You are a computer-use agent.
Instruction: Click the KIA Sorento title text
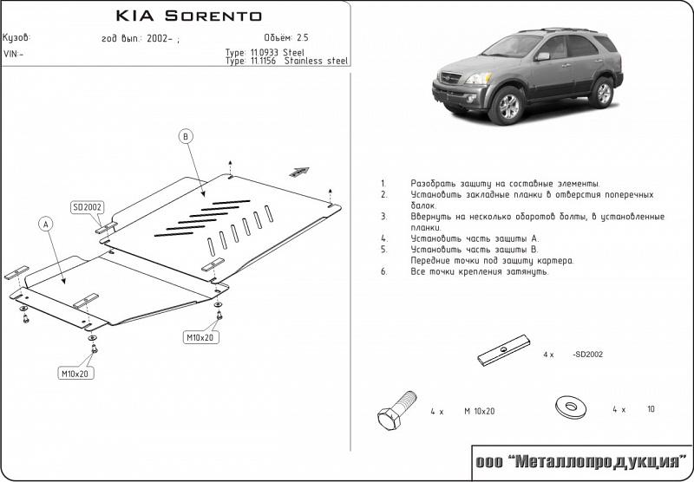click(187, 16)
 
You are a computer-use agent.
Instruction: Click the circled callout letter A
click(46, 224)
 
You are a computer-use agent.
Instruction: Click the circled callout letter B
click(186, 136)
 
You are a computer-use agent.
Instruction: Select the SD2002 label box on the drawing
click(88, 207)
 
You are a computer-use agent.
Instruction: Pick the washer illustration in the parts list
click(568, 407)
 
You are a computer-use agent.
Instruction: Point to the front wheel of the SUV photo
click(505, 105)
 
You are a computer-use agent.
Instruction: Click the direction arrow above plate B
click(299, 171)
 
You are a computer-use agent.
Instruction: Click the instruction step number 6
click(383, 271)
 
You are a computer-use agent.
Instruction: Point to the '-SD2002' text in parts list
click(587, 355)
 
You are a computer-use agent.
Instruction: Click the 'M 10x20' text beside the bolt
click(479, 411)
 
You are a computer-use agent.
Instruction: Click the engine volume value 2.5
click(302, 38)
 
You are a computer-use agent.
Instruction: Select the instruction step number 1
click(383, 184)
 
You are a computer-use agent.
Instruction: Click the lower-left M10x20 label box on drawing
click(75, 374)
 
